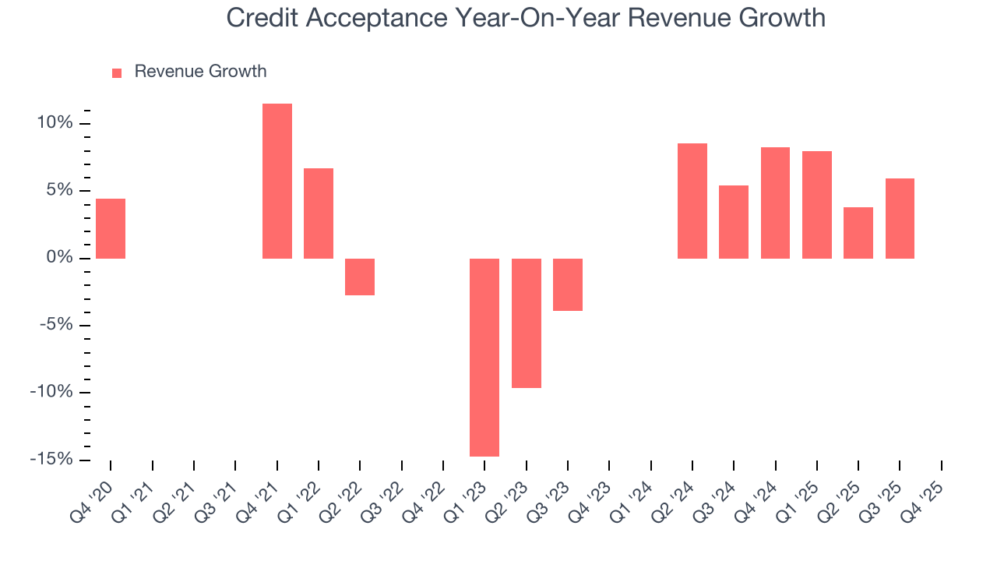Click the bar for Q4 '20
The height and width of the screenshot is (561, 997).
(111, 228)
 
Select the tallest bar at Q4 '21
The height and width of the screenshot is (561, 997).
(277, 181)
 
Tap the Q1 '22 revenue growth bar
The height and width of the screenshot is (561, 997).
(319, 213)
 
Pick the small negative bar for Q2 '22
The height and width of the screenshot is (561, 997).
(360, 277)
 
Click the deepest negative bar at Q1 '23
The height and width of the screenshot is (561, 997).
(484, 357)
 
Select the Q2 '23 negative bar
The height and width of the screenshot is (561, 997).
(527, 323)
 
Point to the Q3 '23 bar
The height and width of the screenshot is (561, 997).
(568, 284)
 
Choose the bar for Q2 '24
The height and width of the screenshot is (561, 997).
(692, 200)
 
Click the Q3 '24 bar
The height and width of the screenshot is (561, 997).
(734, 221)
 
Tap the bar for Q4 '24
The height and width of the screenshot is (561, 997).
(775, 203)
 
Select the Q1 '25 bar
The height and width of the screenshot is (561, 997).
(817, 204)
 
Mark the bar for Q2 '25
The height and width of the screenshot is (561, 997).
(858, 232)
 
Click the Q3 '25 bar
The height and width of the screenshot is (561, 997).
(900, 218)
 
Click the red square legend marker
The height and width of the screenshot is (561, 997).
(117, 72)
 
